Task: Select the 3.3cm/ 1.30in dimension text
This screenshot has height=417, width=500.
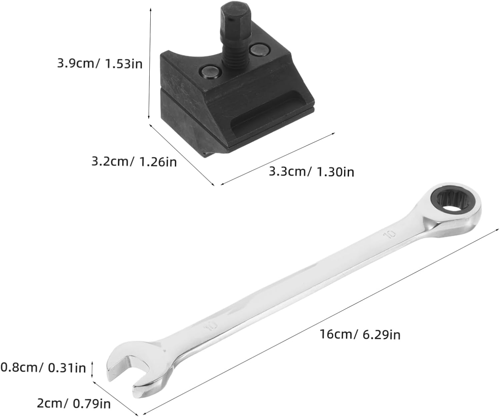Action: (x=311, y=172)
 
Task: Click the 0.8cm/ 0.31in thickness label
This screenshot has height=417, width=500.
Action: (x=43, y=368)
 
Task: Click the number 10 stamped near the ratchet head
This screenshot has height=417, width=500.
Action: (x=389, y=234)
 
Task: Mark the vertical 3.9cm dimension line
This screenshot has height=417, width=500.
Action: (x=150, y=63)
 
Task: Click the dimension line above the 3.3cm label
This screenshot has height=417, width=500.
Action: (x=277, y=159)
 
